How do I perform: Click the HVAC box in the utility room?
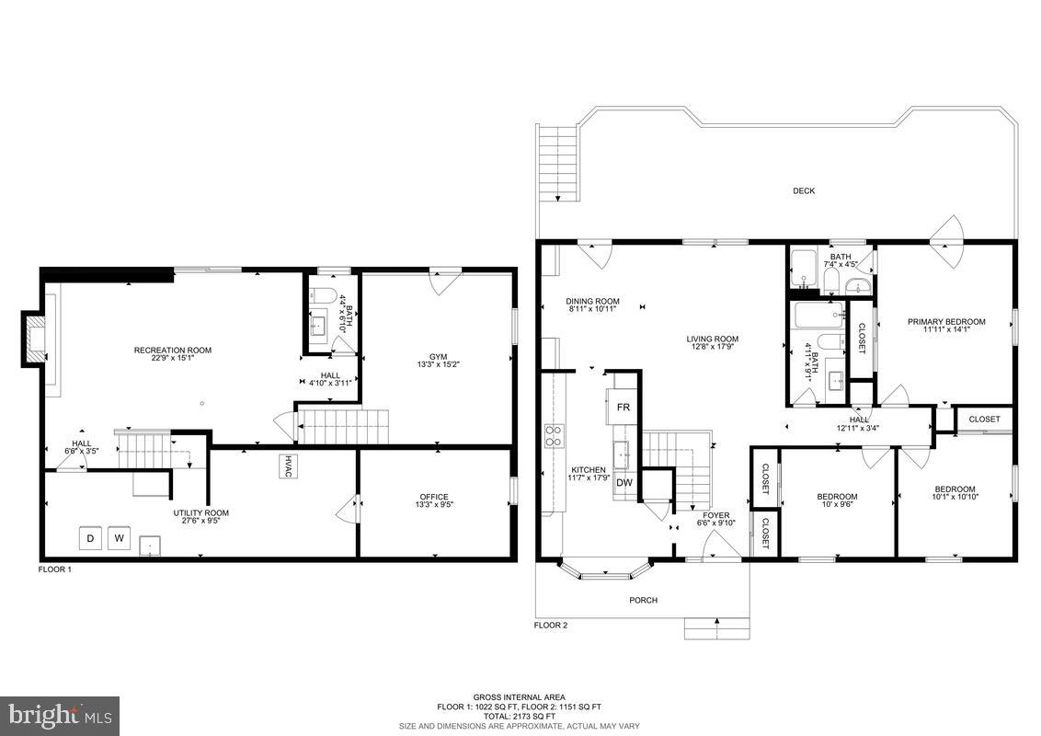[289, 466]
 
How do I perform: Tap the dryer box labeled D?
[90, 539]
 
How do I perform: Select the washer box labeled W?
[120, 539]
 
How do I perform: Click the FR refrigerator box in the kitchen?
[623, 407]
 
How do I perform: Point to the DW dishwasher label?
[624, 482]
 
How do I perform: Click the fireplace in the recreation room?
[35, 337]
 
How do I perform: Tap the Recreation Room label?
[173, 350]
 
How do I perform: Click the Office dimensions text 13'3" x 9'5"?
[435, 505]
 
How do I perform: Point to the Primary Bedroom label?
[946, 322]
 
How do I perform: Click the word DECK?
[804, 191]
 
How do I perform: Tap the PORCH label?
[643, 601]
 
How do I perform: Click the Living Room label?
[713, 339]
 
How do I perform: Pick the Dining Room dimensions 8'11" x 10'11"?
[592, 309]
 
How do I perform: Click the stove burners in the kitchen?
[555, 434]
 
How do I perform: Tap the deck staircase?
[557, 163]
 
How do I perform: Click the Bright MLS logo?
[60, 715]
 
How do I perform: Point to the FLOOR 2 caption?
[551, 626]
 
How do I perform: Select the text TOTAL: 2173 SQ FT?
[520, 716]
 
